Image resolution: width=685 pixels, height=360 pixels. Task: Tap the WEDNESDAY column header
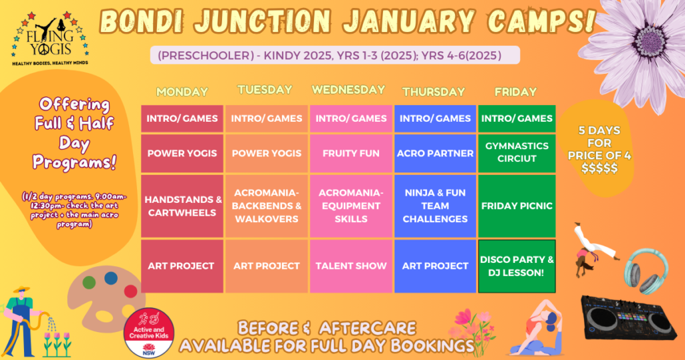[348, 90]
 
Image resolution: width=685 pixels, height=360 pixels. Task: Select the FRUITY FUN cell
[350, 153]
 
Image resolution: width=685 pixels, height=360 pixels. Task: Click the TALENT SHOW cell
[350, 266]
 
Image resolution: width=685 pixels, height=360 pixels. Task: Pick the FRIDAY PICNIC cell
[517, 206]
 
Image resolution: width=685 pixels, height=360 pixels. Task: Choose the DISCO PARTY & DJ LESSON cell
[517, 266]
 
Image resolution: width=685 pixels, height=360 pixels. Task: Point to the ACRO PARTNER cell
[435, 153]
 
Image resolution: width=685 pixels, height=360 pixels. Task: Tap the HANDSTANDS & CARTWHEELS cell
[182, 206]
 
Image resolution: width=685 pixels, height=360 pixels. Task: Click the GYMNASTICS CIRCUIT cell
[517, 153]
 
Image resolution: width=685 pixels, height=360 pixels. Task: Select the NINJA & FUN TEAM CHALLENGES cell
[435, 206]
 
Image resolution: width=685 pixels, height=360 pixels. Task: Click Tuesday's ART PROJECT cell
[267, 266]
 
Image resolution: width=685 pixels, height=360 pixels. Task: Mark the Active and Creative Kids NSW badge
[149, 333]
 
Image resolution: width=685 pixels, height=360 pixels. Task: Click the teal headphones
[646, 271]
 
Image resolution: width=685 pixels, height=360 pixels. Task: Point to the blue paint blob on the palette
[110, 278]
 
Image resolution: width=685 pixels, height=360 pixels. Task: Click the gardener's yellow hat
[21, 289]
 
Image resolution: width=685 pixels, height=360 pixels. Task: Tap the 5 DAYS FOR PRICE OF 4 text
[599, 149]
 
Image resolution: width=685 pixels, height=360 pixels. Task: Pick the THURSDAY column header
[434, 92]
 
